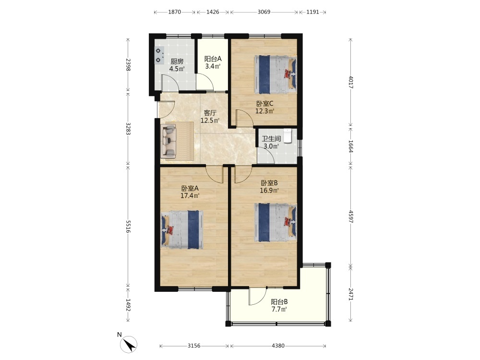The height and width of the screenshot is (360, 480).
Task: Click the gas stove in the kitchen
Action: click(x=159, y=55)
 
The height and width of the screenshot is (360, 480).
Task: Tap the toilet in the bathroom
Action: click(x=288, y=136)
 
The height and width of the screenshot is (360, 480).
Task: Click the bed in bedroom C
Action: click(x=276, y=74)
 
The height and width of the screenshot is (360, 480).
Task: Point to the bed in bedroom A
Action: click(x=182, y=229)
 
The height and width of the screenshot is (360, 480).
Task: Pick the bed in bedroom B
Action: click(x=276, y=223)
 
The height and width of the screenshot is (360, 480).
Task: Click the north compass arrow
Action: click(x=129, y=344)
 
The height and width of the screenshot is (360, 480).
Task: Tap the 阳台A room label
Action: click(x=213, y=59)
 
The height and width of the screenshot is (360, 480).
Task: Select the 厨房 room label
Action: click(x=177, y=61)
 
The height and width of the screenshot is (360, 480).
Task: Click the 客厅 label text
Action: click(x=210, y=113)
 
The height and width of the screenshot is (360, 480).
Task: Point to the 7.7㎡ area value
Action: click(x=279, y=309)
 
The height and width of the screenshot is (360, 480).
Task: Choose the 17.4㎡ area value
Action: click(x=190, y=195)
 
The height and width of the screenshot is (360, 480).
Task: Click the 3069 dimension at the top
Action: click(x=264, y=12)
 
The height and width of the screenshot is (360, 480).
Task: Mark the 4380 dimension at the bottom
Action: click(x=278, y=346)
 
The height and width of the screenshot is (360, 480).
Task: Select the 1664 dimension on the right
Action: click(x=351, y=146)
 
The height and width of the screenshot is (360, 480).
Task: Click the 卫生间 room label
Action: click(x=271, y=139)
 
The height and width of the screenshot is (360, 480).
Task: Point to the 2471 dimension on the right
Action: click(x=351, y=294)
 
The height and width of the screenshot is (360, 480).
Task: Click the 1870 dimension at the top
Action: click(x=175, y=12)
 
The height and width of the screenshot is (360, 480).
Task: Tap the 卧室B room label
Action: click(x=269, y=183)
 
